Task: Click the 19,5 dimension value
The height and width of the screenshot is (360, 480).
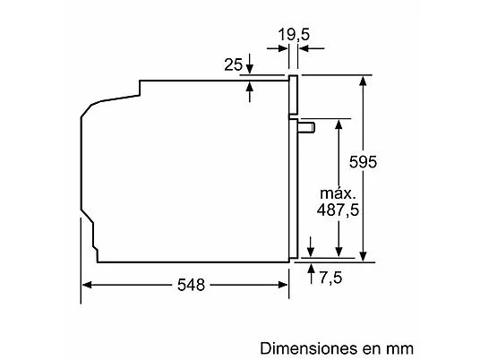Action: (x=294, y=35)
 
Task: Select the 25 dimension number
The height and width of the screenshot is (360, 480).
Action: (x=233, y=64)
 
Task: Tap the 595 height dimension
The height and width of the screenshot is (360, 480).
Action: (x=363, y=162)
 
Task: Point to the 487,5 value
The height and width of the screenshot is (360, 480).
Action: (x=338, y=210)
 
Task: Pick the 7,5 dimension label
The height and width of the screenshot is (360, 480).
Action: (x=330, y=278)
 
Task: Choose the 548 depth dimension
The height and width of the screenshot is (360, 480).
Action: (x=191, y=285)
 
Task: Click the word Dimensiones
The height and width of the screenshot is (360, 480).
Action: (x=309, y=348)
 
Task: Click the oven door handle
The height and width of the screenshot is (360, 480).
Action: (x=306, y=127)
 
